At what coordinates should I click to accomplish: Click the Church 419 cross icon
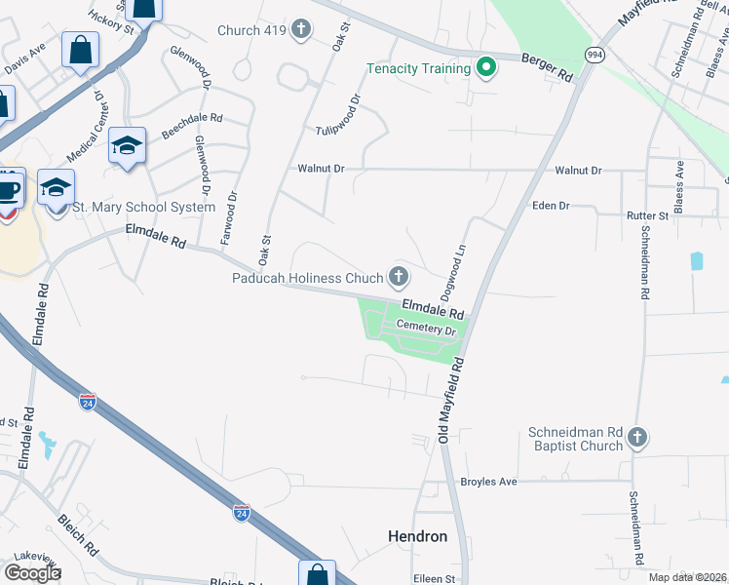300,30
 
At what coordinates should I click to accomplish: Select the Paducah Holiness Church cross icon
398,277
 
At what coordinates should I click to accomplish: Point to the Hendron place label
417,536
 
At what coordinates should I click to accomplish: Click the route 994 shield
595,55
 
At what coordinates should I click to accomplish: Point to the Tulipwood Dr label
338,116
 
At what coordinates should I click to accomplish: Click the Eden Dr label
551,206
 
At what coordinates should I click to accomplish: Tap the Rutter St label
648,215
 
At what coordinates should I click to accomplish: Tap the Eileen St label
436,578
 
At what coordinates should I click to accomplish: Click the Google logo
31,572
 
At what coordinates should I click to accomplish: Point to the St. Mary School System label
144,207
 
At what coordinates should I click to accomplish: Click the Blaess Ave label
679,185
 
